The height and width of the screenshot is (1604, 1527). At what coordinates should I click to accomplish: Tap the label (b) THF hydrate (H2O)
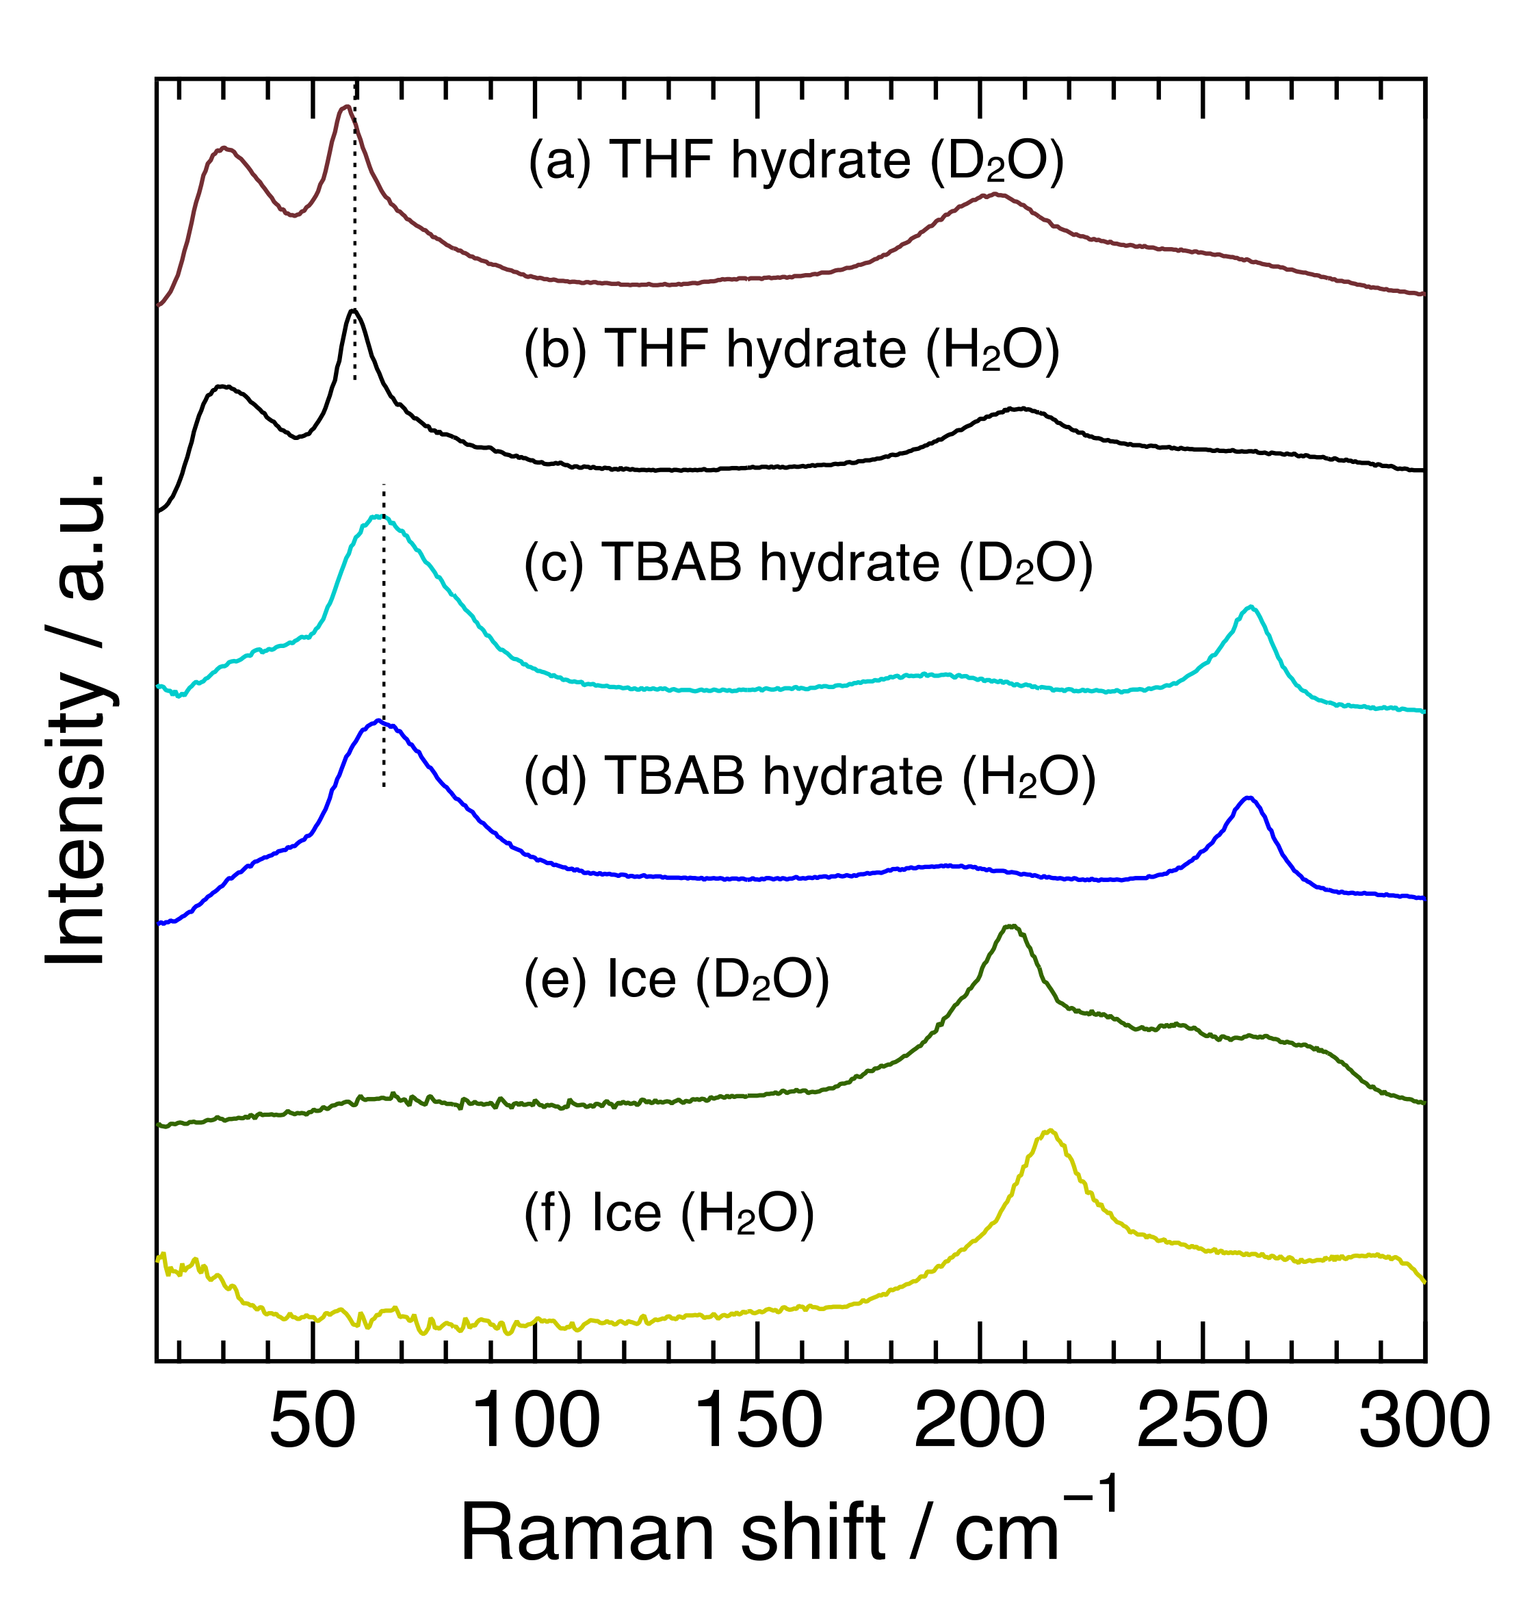tap(791, 350)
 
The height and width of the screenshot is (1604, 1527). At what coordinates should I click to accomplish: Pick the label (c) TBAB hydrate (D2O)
tap(807, 563)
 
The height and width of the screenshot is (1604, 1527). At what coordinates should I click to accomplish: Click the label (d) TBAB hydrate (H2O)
tap(809, 777)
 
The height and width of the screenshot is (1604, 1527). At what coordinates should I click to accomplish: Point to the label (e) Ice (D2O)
tap(677, 979)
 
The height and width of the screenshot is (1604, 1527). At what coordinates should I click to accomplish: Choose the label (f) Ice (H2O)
tap(668, 1214)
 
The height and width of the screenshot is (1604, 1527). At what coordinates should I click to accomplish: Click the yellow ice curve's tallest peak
tap(1050, 1131)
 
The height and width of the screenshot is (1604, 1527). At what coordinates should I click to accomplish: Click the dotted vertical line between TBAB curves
tap(383, 635)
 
